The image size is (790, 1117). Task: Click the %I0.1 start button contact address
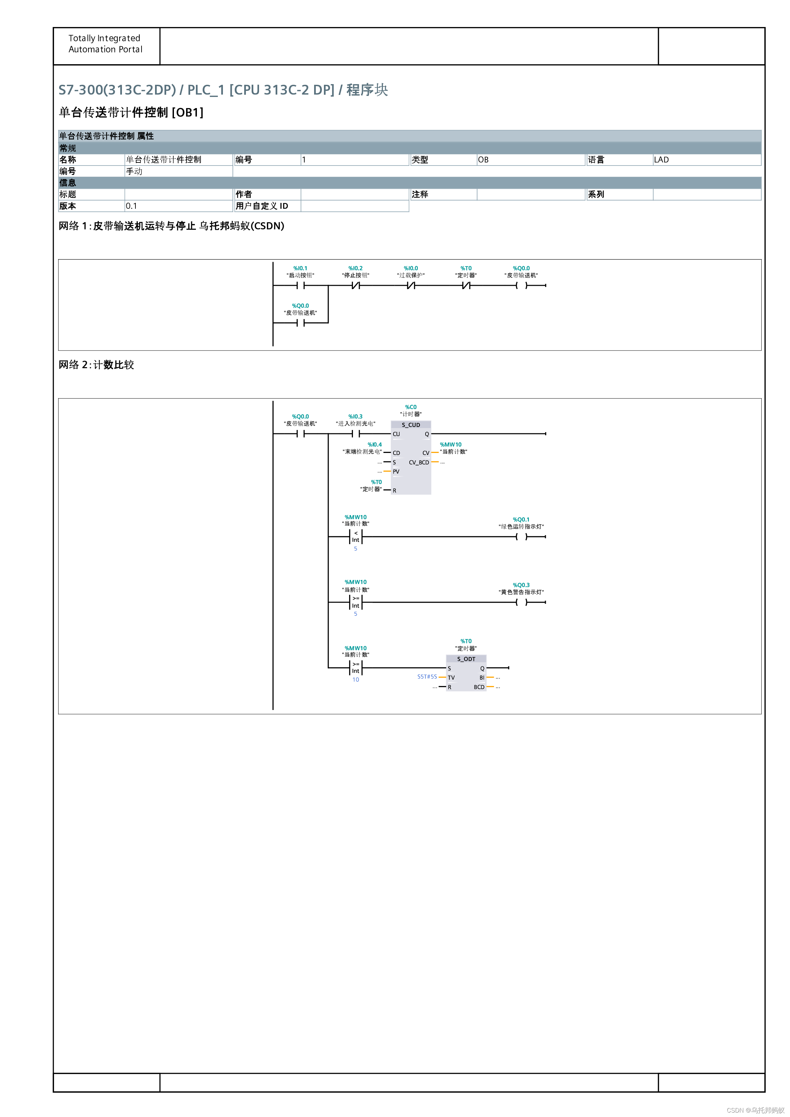(300, 268)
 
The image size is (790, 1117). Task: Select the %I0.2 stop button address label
(355, 268)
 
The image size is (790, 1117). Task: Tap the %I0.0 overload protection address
(411, 268)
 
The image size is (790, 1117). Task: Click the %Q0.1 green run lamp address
(521, 519)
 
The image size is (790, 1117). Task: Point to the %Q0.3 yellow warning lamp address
(521, 585)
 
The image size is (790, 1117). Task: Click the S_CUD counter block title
(411, 425)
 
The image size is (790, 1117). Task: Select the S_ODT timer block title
(466, 659)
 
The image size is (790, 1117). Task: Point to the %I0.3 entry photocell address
(355, 416)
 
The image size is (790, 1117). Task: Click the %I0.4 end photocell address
(375, 445)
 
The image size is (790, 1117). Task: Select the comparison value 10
(356, 680)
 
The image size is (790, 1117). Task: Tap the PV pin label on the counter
(396, 472)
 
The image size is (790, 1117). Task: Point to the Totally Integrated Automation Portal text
(105, 44)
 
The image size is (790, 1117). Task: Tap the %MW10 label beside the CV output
(451, 445)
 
